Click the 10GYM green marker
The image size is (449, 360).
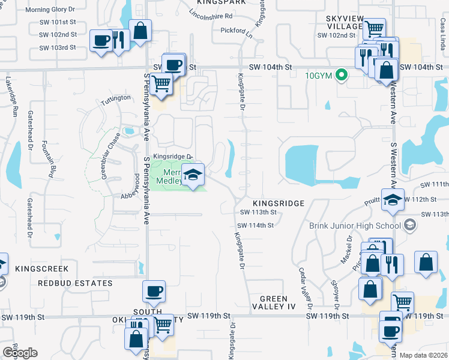click(342, 76)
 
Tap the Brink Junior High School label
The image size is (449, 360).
click(354, 226)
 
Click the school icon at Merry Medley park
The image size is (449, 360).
click(193, 175)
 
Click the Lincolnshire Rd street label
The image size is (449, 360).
click(210, 13)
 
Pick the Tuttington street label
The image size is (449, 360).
click(116, 98)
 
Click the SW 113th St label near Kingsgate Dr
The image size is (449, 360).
click(258, 212)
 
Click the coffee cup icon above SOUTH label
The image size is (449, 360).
click(153, 292)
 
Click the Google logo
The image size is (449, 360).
click(20, 353)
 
